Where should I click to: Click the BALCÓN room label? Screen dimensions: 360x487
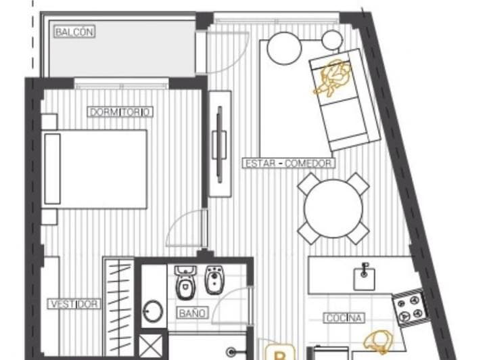(75, 31)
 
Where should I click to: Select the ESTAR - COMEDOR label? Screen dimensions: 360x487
(288, 163)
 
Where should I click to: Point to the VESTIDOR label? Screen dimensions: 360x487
(74, 304)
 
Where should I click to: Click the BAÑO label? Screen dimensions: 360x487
(193, 313)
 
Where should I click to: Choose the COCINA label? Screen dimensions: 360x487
(345, 317)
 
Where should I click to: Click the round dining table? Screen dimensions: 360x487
(333, 208)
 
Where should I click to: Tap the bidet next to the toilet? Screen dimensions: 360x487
(214, 280)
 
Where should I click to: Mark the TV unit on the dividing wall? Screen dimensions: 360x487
(219, 143)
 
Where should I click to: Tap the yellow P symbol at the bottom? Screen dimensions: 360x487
(279, 353)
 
